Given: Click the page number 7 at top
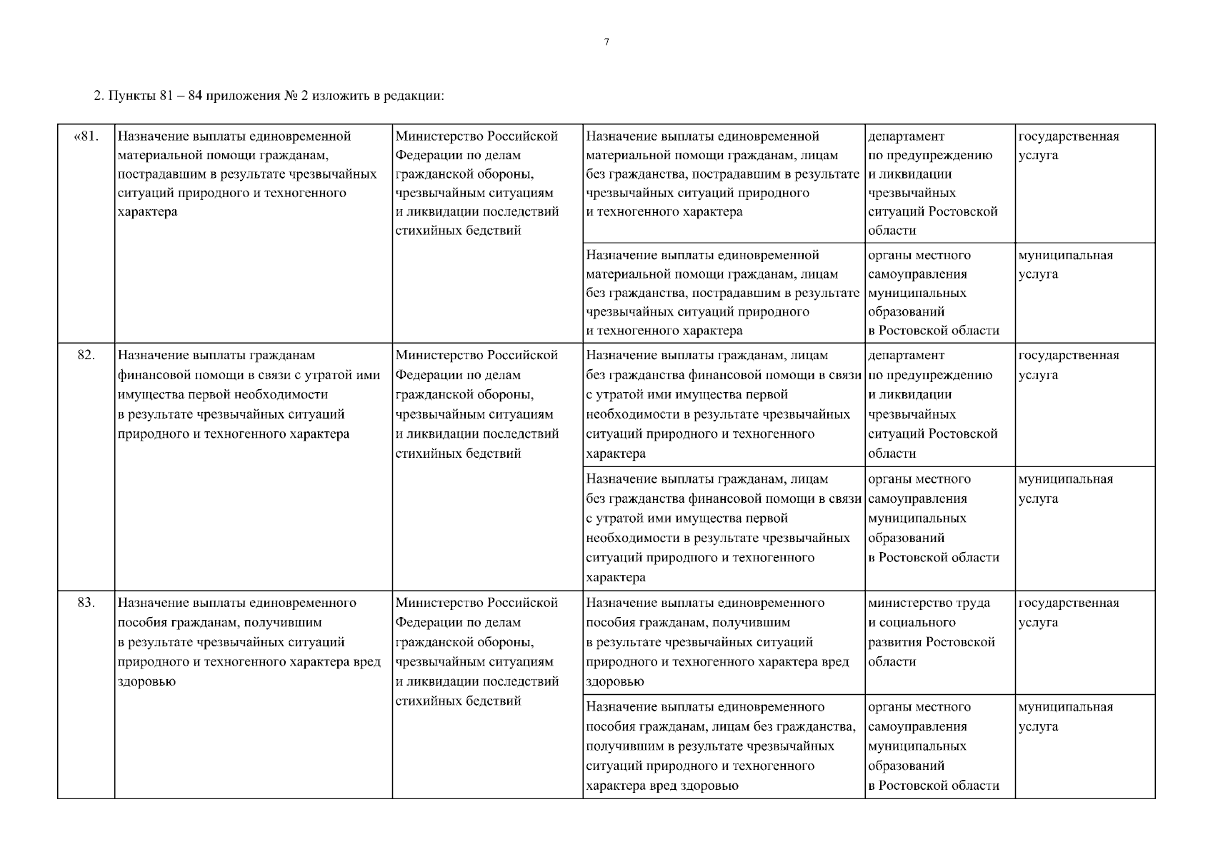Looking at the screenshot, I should point(606,42).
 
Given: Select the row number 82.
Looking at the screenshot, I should point(86,356).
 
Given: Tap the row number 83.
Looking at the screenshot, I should point(86,603).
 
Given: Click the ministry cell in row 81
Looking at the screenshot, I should point(476,183).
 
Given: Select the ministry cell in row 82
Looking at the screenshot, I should point(476,404).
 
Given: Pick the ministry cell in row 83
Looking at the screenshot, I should point(476,651).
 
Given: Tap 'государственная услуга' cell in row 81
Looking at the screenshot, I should point(1068,146).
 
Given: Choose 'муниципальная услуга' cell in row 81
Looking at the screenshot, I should point(1065,264).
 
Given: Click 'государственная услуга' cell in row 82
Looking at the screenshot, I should point(1068,365).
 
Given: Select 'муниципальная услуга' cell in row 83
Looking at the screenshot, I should point(1065,716).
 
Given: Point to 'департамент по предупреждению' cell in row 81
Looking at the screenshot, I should point(932,183).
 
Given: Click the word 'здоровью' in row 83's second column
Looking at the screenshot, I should point(146,681).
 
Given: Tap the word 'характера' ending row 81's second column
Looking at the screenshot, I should point(147,212).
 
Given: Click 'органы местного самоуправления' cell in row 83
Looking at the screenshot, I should point(933,746).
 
